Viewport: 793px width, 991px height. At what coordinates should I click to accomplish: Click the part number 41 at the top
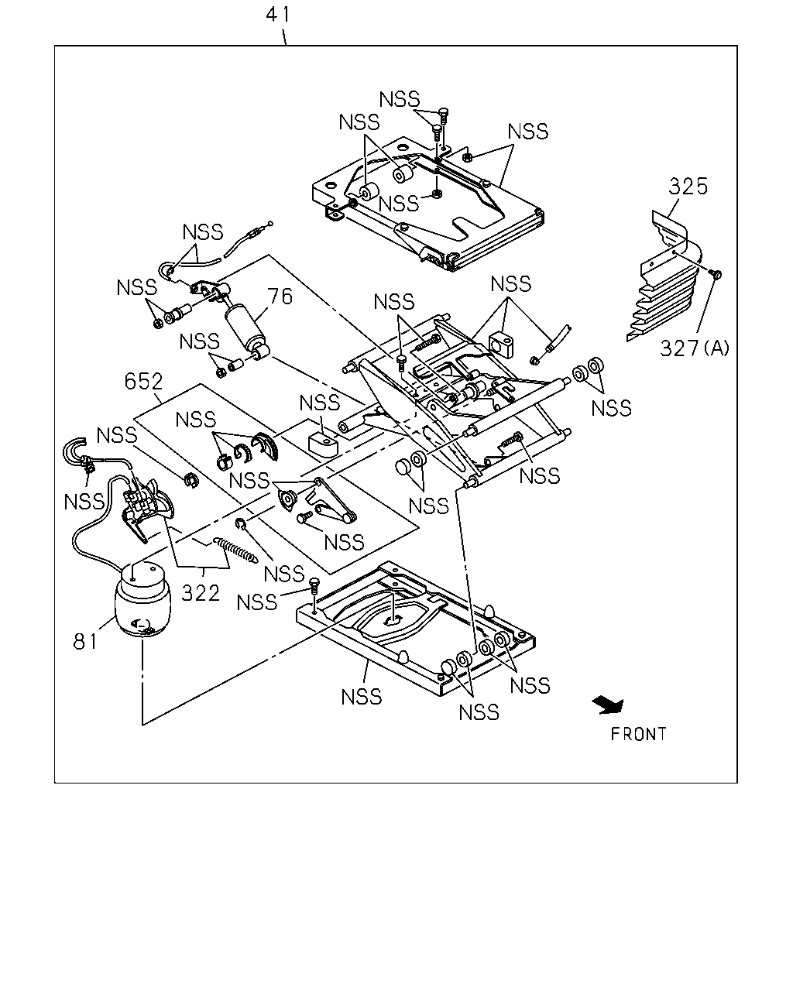pyautogui.click(x=278, y=15)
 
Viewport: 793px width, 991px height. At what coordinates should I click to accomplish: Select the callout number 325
pyautogui.click(x=688, y=187)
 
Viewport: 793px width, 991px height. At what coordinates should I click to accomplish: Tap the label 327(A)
pyautogui.click(x=695, y=348)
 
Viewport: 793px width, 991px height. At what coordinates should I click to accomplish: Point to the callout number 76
pyautogui.click(x=280, y=297)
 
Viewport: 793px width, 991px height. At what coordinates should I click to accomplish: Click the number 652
pyautogui.click(x=144, y=381)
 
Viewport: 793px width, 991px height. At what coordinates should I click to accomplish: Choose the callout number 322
pyautogui.click(x=201, y=593)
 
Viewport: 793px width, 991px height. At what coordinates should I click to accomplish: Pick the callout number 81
pyautogui.click(x=85, y=642)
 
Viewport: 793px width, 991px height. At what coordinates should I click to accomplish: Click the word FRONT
pyautogui.click(x=638, y=734)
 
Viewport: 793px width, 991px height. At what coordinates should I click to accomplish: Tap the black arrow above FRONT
pyautogui.click(x=608, y=705)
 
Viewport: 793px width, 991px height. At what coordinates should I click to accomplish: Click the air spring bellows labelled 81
pyautogui.click(x=142, y=600)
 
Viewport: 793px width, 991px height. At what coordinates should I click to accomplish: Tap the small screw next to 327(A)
pyautogui.click(x=717, y=274)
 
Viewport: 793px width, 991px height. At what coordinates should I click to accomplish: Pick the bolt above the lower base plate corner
pyautogui.click(x=314, y=586)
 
